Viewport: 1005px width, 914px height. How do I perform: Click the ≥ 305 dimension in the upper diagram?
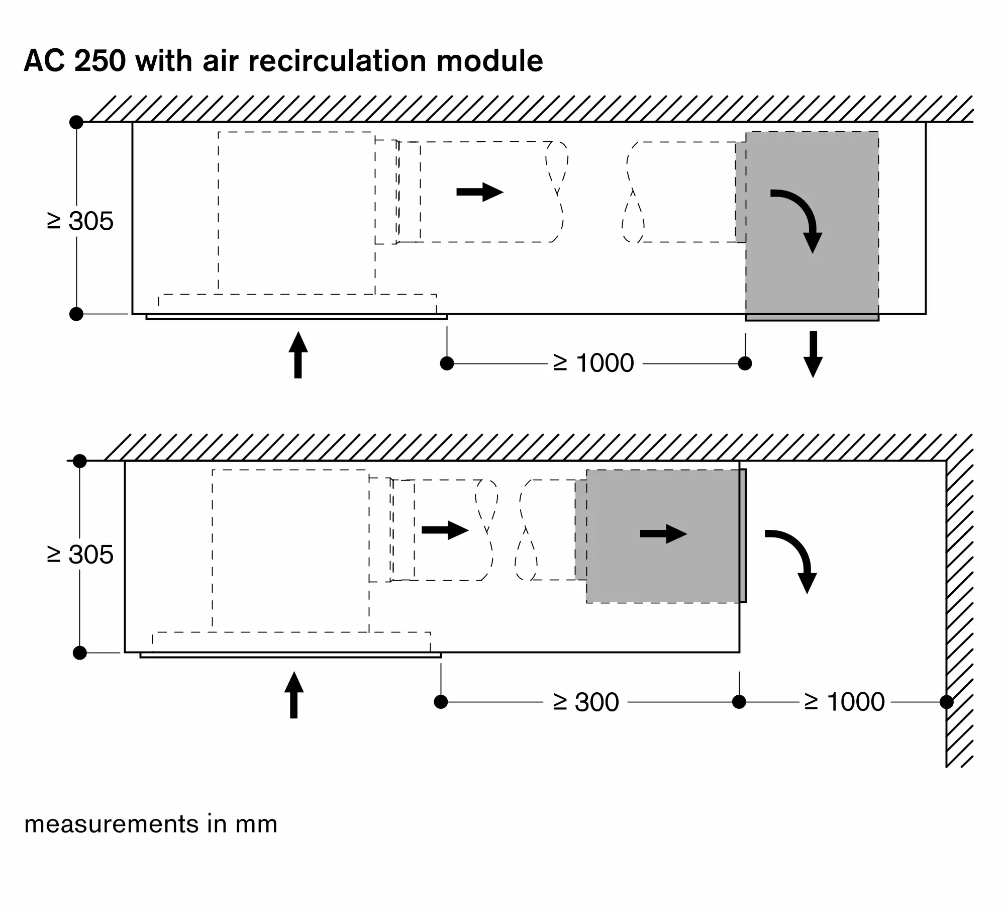coord(80,221)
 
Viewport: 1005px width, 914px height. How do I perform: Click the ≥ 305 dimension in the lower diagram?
coord(80,555)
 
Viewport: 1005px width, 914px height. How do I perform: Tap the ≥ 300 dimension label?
coord(586,702)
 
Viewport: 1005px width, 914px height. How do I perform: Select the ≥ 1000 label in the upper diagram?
coord(593,363)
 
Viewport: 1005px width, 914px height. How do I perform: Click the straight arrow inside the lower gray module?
coord(663,533)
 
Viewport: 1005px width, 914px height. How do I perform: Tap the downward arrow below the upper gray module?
coord(813,354)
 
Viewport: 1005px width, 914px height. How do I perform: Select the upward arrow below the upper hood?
coord(298,354)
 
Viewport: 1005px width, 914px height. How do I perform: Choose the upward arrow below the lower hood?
coord(294,695)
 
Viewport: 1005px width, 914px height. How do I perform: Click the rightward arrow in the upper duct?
coord(480,192)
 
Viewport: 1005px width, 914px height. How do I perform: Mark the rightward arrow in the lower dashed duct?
coord(445,530)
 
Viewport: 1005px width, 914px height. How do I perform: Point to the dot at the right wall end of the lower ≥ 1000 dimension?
coord(946,702)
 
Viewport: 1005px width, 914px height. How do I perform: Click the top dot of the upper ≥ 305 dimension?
coord(76,122)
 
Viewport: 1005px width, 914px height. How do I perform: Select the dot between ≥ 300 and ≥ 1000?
coord(739,702)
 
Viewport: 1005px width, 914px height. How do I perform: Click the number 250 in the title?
coord(100,61)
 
